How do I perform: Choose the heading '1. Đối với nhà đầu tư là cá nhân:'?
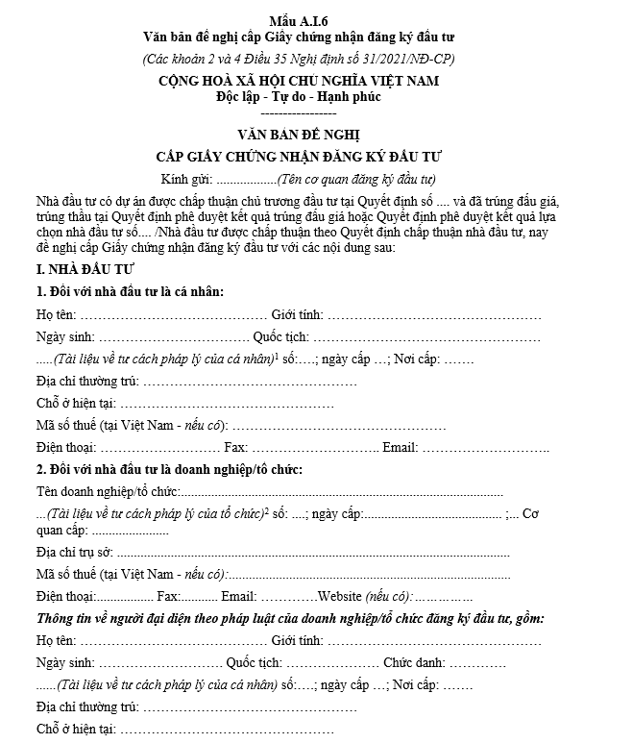pyautogui.click(x=131, y=292)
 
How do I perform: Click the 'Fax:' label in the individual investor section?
pyautogui.click(x=235, y=448)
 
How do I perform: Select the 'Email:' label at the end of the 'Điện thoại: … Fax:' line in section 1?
pyautogui.click(x=400, y=448)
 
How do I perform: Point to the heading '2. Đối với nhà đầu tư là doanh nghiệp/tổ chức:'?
pyautogui.click(x=169, y=469)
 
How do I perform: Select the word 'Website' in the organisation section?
pyautogui.click(x=341, y=596)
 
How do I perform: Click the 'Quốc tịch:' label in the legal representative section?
pyautogui.click(x=254, y=663)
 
